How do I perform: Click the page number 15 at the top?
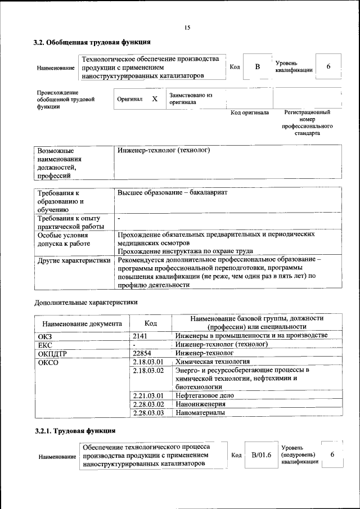tap(187, 28)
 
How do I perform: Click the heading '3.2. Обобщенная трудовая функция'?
tap(92, 42)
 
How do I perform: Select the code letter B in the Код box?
tap(258, 67)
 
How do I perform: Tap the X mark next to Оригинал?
tap(155, 98)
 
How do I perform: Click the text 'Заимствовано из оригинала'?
tap(191, 99)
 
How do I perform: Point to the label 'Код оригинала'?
tap(250, 113)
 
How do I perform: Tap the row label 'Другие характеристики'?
tap(74, 260)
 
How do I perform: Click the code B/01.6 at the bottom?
tap(261, 454)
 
